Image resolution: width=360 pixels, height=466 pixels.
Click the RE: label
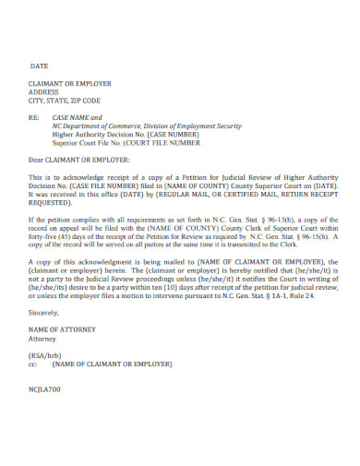tap(34, 118)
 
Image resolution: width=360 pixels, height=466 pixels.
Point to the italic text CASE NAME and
tap(78, 118)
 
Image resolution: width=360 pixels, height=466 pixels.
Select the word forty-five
tap(44, 238)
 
